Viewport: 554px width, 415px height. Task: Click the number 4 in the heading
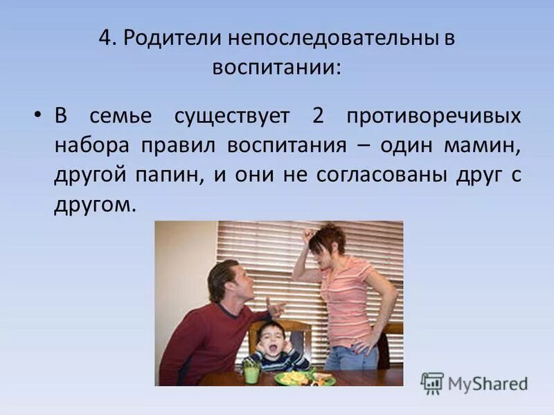[104, 37]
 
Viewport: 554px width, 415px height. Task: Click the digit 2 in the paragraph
[318, 116]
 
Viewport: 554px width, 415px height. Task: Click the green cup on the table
[251, 372]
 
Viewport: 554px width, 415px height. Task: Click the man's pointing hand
[277, 305]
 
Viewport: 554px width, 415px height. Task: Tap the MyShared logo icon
[432, 382]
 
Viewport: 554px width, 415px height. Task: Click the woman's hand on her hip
[375, 340]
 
